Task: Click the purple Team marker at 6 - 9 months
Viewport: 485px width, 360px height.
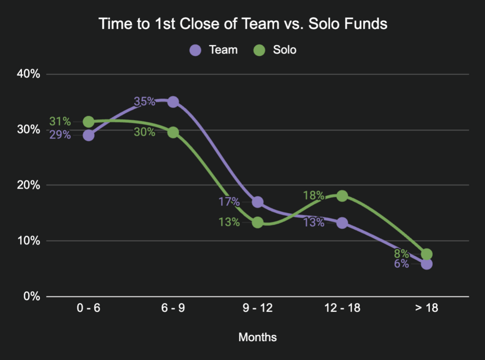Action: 173,102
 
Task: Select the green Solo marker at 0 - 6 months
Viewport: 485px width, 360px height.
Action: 89,122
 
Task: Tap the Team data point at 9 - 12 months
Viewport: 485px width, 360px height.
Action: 258,202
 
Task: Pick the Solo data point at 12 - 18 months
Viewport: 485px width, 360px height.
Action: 342,196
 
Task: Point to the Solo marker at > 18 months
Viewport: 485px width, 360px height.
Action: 426,254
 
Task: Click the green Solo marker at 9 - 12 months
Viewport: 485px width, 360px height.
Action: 258,222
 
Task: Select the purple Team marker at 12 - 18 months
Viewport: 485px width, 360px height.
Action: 342,223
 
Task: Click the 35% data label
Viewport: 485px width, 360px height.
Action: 144,101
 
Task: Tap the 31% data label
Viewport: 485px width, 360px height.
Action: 60,121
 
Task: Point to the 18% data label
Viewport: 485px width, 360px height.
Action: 314,195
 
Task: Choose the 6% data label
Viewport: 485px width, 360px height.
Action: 401,264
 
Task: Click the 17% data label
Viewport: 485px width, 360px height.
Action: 229,202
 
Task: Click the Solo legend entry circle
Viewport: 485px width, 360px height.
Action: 260,50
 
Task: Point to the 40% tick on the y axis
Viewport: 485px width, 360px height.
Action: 29,74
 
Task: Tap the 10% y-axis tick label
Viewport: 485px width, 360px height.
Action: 29,241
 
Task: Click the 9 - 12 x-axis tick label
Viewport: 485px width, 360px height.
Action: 258,308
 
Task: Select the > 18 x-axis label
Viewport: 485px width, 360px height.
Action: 426,308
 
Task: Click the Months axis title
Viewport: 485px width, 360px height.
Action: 258,337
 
